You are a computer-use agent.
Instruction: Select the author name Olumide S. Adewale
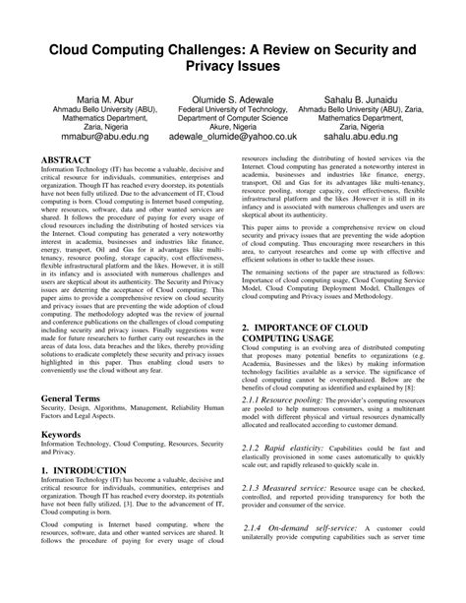pyautogui.click(x=234, y=101)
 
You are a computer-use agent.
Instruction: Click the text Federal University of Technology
pyautogui.click(x=234, y=114)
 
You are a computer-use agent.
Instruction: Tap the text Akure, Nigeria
pyautogui.click(x=234, y=141)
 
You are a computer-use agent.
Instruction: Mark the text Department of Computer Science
pyautogui.click(x=234, y=127)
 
